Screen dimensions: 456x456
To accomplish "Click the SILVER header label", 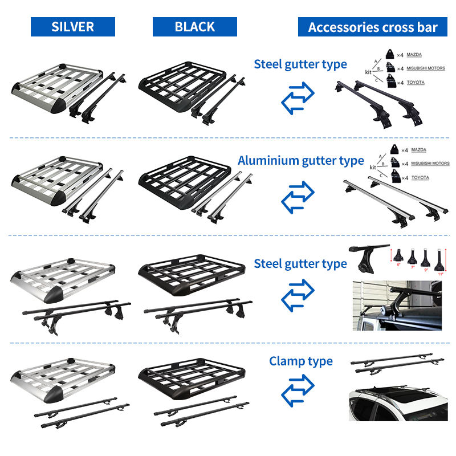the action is tap(73, 27).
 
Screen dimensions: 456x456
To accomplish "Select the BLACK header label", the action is tap(195, 27).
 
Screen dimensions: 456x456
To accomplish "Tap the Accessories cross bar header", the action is tap(373, 27).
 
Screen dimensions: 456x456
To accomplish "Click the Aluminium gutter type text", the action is tap(300, 161).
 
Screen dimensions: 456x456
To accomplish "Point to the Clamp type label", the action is tap(301, 361).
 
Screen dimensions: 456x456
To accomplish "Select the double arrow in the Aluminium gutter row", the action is tap(298, 197).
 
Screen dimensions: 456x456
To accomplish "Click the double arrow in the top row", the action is tap(298, 98).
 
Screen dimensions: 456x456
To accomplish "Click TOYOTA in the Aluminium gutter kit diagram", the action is tap(420, 178).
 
